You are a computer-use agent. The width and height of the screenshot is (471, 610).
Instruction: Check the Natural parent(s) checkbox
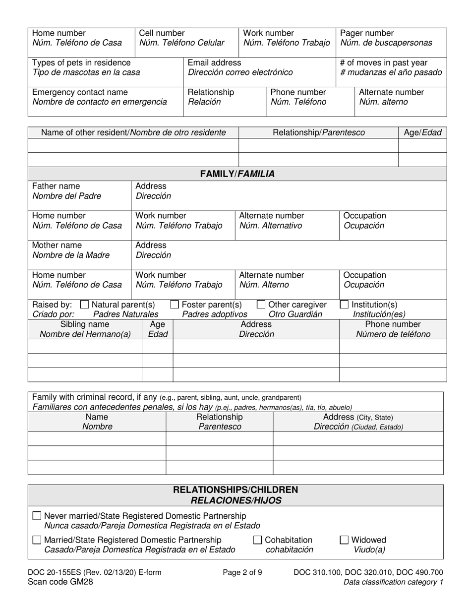click(84, 305)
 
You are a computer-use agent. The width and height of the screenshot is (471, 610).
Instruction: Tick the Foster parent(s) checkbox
click(175, 305)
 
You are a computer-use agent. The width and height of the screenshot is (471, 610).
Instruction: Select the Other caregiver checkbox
click(261, 305)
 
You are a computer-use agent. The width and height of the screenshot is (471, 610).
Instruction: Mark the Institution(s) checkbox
click(344, 305)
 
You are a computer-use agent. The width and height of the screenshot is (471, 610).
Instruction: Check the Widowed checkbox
click(344, 540)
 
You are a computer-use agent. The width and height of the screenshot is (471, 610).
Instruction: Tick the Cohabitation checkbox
click(258, 540)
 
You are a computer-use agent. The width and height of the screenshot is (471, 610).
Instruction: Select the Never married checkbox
click(37, 516)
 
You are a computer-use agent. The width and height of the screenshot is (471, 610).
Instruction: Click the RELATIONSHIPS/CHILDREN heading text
click(235, 490)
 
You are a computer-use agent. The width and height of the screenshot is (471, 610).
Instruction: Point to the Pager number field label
click(367, 33)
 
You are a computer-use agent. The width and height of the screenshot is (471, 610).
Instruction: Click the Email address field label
click(215, 63)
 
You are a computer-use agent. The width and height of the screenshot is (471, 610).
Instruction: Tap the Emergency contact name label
click(80, 92)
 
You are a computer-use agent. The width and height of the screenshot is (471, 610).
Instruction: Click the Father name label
click(56, 186)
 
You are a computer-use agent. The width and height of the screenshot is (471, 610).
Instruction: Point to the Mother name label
click(57, 245)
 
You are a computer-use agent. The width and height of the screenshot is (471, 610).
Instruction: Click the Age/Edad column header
click(422, 132)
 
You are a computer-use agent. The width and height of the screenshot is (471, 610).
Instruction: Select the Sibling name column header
click(85, 324)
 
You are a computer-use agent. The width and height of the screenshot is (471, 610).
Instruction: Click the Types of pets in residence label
click(81, 63)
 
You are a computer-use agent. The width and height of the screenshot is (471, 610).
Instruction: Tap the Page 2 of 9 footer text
click(242, 572)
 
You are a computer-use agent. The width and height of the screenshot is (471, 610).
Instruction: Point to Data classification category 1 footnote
click(393, 582)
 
